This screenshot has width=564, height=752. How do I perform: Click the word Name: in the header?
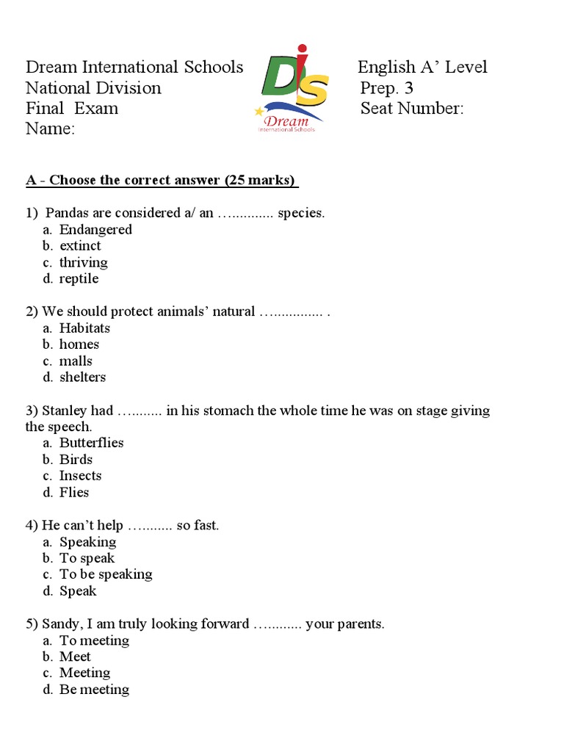[x=50, y=129]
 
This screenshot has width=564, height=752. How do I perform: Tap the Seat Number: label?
[x=412, y=109]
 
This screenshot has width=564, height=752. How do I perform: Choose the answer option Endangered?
[x=95, y=230]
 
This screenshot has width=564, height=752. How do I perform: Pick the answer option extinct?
[x=80, y=246]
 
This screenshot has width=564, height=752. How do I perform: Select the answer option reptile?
[x=79, y=279]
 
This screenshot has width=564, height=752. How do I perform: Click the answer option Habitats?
[x=84, y=328]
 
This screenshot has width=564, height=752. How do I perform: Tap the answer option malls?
[x=76, y=361]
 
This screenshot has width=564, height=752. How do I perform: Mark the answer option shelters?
[x=82, y=377]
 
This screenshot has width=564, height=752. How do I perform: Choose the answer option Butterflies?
[x=91, y=443]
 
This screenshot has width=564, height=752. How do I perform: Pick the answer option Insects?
[x=81, y=476]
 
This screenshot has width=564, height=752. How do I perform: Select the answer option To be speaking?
[x=106, y=574]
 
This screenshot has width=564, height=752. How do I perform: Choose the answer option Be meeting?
[x=94, y=690]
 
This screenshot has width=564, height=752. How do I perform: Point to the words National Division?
[x=93, y=88]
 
